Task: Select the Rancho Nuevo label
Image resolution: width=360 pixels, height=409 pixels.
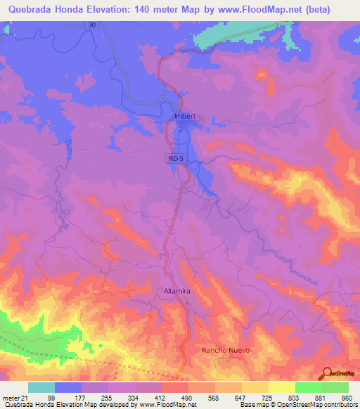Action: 226,349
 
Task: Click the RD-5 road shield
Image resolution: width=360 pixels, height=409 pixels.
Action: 176,160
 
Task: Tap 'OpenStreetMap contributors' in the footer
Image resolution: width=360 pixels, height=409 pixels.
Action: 316,405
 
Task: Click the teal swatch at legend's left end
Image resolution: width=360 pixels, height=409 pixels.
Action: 41,387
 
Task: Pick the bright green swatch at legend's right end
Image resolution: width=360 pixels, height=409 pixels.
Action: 335,387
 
